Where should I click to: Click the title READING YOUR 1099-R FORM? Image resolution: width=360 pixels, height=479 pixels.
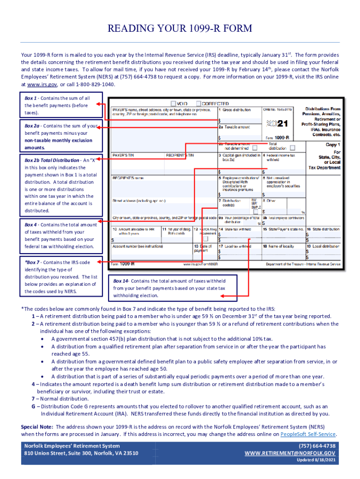point(180,29)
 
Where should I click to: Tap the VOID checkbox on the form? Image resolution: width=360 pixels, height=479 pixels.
point(174,103)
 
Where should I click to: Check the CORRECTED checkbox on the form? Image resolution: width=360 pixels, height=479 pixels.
point(199,103)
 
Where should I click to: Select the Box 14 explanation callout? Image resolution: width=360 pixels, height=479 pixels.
point(170,288)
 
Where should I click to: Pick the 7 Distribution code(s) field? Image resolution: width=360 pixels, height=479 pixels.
point(233,205)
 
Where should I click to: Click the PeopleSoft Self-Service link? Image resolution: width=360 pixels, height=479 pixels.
point(308,434)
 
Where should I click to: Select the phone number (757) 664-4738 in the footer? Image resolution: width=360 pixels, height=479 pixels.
point(317,446)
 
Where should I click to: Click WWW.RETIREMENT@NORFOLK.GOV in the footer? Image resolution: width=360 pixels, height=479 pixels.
point(290,453)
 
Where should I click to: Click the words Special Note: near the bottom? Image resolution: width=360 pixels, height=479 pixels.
point(37,427)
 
